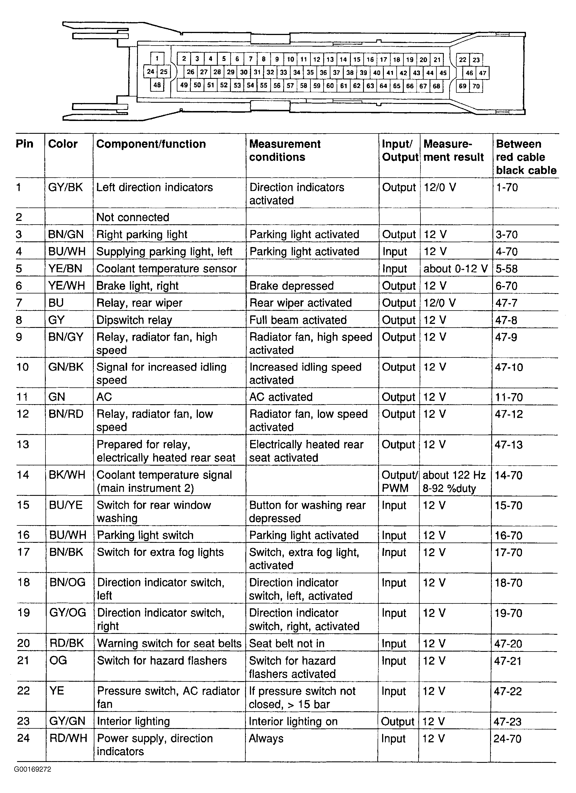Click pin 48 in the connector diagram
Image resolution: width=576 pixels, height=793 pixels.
(x=157, y=85)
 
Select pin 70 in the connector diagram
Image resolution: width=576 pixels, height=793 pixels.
(x=476, y=86)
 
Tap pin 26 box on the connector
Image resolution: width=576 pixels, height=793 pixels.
(x=190, y=72)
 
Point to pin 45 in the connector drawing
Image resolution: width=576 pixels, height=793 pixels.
(x=443, y=73)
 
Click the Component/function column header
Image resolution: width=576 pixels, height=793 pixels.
(x=151, y=144)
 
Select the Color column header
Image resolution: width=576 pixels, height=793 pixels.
(x=63, y=144)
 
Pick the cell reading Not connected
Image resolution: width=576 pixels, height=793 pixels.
(x=133, y=217)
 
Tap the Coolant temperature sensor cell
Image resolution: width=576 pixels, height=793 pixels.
(x=166, y=268)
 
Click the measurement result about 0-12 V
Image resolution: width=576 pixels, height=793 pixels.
(x=455, y=268)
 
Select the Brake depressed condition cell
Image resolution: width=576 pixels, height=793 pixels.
(x=291, y=286)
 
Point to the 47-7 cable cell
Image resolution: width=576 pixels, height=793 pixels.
(x=506, y=303)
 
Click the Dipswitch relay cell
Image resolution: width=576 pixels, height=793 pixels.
(x=134, y=320)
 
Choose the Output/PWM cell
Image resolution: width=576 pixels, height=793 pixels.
(x=399, y=481)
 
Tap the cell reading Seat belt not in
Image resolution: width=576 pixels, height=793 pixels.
(x=286, y=643)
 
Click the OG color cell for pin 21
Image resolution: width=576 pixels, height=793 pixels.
(x=58, y=660)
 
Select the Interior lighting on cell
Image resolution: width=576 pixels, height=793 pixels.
(x=293, y=721)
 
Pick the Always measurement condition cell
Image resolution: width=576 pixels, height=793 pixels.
(x=266, y=738)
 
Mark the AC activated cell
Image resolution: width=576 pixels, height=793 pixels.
(x=281, y=397)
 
